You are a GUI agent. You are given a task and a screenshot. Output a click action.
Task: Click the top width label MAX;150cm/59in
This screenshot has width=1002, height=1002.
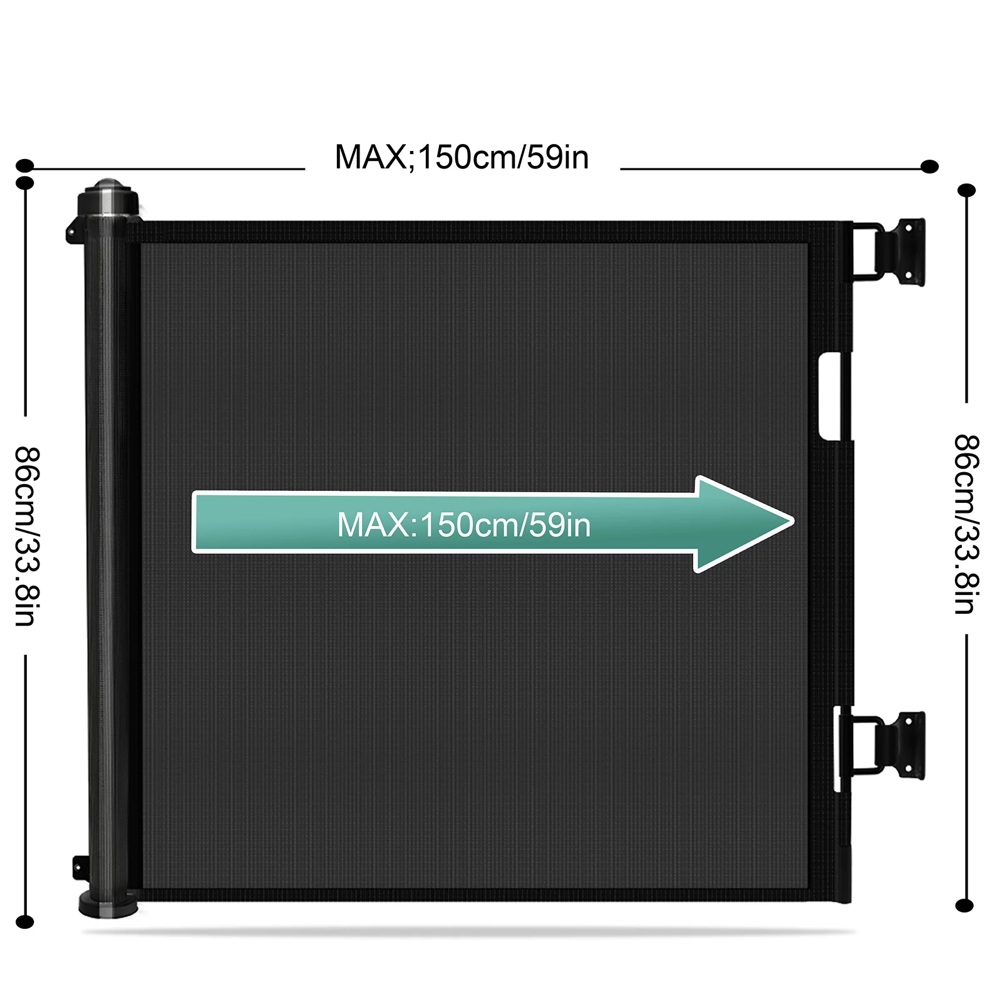coord(462,157)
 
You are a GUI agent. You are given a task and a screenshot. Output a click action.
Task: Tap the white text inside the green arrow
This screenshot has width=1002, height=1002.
coord(463,525)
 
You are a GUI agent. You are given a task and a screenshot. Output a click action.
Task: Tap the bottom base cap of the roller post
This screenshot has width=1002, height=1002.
coord(108,904)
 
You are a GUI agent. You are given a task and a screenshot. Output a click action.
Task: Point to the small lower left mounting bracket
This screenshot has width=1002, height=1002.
coord(78,867)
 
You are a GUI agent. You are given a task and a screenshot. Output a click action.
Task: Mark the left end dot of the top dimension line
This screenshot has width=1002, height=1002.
coord(24,166)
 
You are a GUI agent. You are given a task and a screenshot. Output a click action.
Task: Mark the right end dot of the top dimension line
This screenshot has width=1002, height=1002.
coord(930,167)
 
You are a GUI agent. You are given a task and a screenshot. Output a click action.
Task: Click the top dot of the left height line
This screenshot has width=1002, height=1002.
coord(25,183)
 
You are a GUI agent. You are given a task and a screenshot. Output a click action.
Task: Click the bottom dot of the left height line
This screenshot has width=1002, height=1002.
coord(24,922)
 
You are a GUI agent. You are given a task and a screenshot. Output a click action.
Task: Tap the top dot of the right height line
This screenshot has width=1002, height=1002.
coord(966,190)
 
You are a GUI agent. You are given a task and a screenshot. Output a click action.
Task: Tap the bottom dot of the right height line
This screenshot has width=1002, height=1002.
coord(965,905)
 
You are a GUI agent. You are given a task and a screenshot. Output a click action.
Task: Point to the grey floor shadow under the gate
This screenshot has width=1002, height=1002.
coord(470,932)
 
